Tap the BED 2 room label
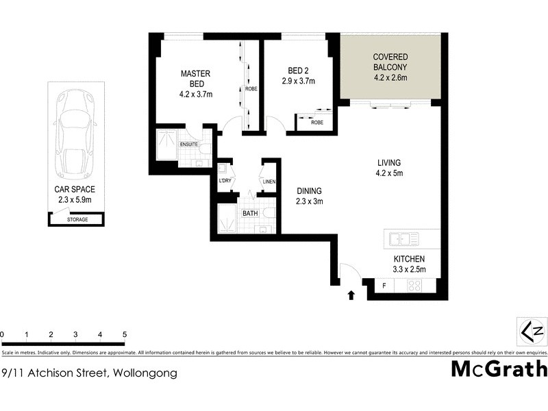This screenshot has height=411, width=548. pyautogui.click(x=297, y=75)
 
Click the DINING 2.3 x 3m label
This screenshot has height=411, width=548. pyautogui.click(x=309, y=196)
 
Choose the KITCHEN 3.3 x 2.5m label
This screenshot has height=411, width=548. pyautogui.click(x=409, y=264)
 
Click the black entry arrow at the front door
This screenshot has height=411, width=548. pyautogui.click(x=351, y=295)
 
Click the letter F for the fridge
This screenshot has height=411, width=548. pyautogui.click(x=384, y=286)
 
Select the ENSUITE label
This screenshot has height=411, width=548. pyautogui.click(x=189, y=145)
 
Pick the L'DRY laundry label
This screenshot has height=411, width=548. pyautogui.click(x=223, y=180)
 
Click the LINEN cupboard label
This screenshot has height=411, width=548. pyautogui.click(x=269, y=182)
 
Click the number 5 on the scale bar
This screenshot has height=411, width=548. pyautogui.click(x=125, y=334)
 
